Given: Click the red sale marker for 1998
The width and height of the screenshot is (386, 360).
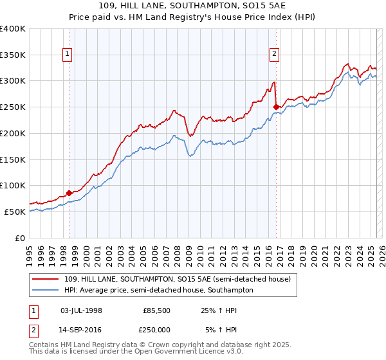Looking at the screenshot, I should click(69, 192).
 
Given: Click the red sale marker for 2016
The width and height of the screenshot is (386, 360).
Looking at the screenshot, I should click(276, 107).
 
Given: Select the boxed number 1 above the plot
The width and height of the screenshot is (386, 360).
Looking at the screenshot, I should click(68, 55).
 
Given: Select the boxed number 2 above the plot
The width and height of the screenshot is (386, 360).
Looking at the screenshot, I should click(275, 55).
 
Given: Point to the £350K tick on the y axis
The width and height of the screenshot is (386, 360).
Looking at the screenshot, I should click(13, 55).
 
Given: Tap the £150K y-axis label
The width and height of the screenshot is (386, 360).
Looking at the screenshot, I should click(13, 159).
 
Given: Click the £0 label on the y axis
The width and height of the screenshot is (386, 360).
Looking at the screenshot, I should click(21, 238).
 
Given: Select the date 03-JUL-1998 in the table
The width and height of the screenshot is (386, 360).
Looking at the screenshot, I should click(81, 310).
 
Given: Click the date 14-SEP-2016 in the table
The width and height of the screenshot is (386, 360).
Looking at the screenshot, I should click(81, 330).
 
